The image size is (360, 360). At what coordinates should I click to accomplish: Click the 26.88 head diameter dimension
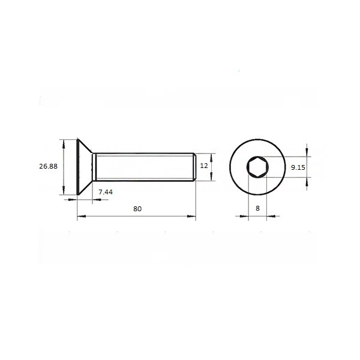point(48,166)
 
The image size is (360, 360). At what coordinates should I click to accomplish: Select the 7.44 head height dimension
point(106,192)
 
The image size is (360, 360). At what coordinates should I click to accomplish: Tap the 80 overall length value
point(137,209)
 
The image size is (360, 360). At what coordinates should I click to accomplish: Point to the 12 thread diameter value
point(204,166)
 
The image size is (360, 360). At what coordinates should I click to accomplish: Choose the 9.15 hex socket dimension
point(298,167)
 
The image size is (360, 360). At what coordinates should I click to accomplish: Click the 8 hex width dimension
point(257,208)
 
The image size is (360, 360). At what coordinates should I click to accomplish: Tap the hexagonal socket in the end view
point(257,167)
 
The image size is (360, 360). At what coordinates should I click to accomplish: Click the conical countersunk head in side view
point(85,167)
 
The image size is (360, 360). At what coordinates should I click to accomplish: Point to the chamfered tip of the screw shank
point(194,167)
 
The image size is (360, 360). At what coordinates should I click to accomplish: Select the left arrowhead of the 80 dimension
point(82,216)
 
